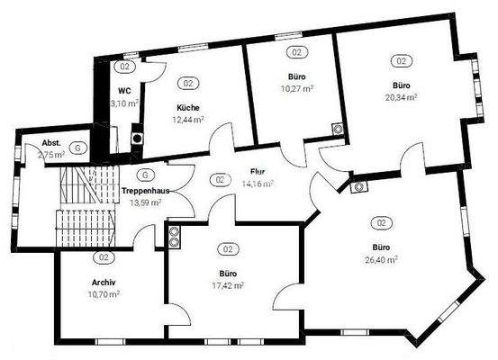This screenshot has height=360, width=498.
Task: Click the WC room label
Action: pyautogui.click(x=124, y=91)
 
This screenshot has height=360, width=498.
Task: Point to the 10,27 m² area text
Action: pyautogui.click(x=296, y=88)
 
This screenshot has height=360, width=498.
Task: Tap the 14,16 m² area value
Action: pyautogui.click(x=257, y=183)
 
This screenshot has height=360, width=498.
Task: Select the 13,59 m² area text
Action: pyautogui.click(x=144, y=203)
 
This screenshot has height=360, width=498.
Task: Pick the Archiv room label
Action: pyautogui.click(x=102, y=282)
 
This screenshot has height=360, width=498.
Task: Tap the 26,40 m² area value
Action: pyautogui.click(x=381, y=258)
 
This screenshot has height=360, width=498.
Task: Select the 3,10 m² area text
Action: pyautogui.click(x=124, y=103)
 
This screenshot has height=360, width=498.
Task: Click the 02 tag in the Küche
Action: pyautogui.click(x=188, y=84)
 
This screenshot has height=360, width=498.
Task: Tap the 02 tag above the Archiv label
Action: pyautogui.click(x=103, y=257)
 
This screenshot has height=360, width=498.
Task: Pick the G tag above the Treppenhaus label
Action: pyautogui.click(x=144, y=174)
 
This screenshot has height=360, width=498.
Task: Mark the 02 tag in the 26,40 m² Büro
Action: pyautogui.click(x=381, y=222)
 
